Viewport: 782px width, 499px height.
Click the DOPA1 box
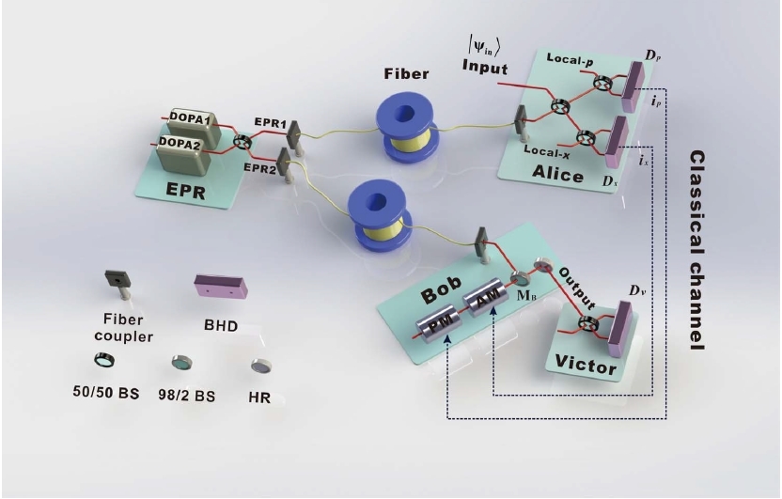pyautogui.click(x=195, y=127)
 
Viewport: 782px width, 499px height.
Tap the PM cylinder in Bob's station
pyautogui.click(x=439, y=323)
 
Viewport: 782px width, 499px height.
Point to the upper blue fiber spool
pyautogui.click(x=406, y=127)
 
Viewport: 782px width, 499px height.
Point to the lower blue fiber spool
pyautogui.click(x=379, y=217)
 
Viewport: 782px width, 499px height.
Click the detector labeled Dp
pyautogui.click(x=633, y=86)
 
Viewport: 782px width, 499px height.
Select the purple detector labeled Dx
pyautogui.click(x=617, y=142)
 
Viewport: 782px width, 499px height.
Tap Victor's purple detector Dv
pyautogui.click(x=620, y=329)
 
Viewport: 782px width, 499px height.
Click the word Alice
pyautogui.click(x=557, y=173)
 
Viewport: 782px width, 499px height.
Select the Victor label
pyautogui.click(x=586, y=366)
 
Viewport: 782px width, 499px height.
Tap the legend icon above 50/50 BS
pyautogui.click(x=104, y=359)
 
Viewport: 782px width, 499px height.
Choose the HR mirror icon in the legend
pyautogui.click(x=261, y=366)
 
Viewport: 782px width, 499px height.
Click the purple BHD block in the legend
pyautogui.click(x=221, y=286)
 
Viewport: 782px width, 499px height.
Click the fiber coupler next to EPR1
pyautogui.click(x=292, y=137)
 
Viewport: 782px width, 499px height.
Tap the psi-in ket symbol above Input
pyautogui.click(x=483, y=46)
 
